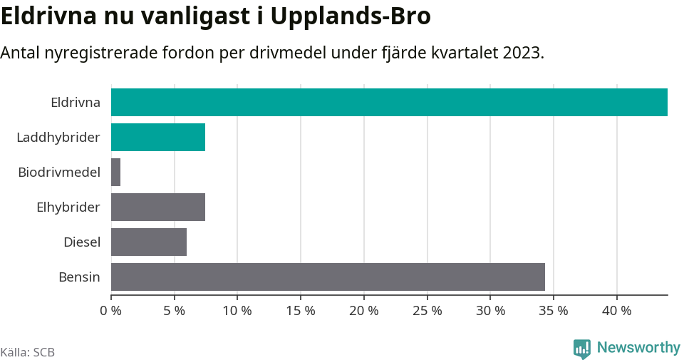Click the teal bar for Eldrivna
[389, 102]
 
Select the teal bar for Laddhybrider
[158, 137]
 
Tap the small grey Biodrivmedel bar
[116, 172]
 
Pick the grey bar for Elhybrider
[158, 207]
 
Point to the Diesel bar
[149, 242]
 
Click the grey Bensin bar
[328, 277]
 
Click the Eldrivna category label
[76, 102]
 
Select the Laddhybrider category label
[58, 137]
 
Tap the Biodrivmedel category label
[59, 172]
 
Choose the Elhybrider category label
[68, 207]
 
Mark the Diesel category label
[82, 242]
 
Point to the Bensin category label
[79, 277]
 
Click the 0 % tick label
[111, 311]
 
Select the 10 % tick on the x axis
[237, 311]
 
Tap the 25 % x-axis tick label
[427, 311]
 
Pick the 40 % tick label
[616, 311]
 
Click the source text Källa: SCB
[28, 352]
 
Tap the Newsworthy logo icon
[582, 348]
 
